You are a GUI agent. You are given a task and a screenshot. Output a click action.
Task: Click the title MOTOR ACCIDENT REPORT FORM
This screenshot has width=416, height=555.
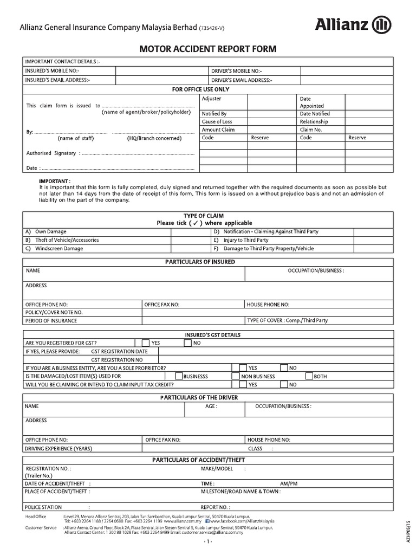pyautogui.click(x=208, y=49)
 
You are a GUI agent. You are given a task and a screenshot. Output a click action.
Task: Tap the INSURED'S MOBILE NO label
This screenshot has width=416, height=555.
pyautogui.click(x=52, y=71)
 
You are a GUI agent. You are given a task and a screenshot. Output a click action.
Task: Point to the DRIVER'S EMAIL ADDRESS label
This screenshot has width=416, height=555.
pyautogui.click(x=242, y=80)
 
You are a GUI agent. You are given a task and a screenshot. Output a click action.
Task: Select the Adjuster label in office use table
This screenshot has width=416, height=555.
pyautogui.click(x=211, y=99)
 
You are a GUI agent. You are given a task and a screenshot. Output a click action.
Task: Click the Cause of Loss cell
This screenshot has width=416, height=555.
pyautogui.click(x=217, y=122)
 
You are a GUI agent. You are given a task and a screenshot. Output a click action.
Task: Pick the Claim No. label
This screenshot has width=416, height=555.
pyautogui.click(x=310, y=130)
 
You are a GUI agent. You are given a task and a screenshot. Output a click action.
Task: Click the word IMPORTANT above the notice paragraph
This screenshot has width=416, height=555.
pyautogui.click(x=55, y=181)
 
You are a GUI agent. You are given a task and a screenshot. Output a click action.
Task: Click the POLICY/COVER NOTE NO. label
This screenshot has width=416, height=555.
pyautogui.click(x=54, y=313)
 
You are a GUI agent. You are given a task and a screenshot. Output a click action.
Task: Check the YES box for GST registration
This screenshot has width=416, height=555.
pyautogui.click(x=145, y=343)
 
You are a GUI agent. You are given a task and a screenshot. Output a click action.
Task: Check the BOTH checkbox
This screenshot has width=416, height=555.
pyautogui.click(x=309, y=376)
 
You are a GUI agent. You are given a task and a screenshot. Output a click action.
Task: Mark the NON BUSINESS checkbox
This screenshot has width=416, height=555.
pyautogui.click(x=236, y=376)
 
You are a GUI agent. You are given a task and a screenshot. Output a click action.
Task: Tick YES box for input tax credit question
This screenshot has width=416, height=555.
pyautogui.click(x=244, y=385)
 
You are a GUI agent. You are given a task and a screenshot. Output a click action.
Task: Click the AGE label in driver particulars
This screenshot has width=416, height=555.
pyautogui.click(x=211, y=406)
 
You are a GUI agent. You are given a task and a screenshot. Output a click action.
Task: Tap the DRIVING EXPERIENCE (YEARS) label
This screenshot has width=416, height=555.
pyautogui.click(x=58, y=449)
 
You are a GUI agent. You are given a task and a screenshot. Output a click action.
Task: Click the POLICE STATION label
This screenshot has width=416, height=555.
pyautogui.click(x=43, y=507)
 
